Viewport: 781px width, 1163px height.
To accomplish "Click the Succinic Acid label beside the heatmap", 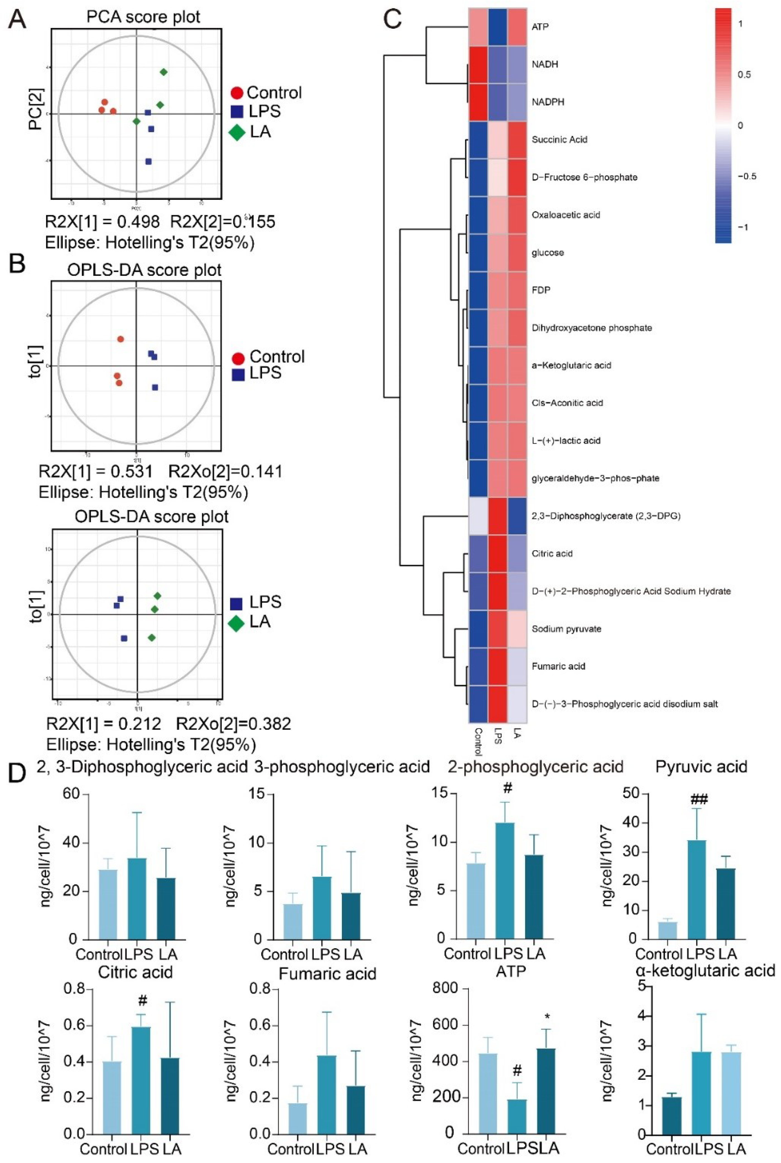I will click(x=559, y=140).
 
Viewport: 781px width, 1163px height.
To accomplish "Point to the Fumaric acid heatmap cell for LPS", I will click(x=498, y=666).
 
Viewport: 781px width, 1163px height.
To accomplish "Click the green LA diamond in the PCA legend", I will click(x=237, y=133).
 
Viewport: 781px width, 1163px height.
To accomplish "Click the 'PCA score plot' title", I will click(x=143, y=17).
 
